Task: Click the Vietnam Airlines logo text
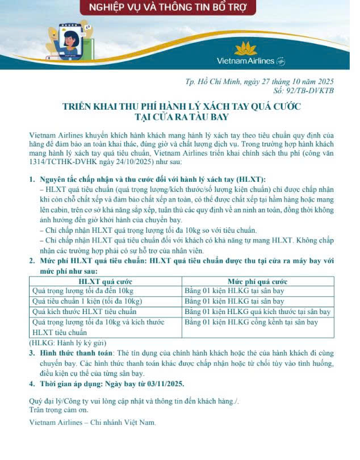(x=245, y=61)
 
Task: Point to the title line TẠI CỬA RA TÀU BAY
(x=181, y=117)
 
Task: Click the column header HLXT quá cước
(x=105, y=281)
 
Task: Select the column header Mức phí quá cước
(x=257, y=281)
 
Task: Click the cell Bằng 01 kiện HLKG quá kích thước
(x=258, y=312)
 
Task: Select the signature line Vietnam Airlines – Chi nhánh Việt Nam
(x=92, y=423)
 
